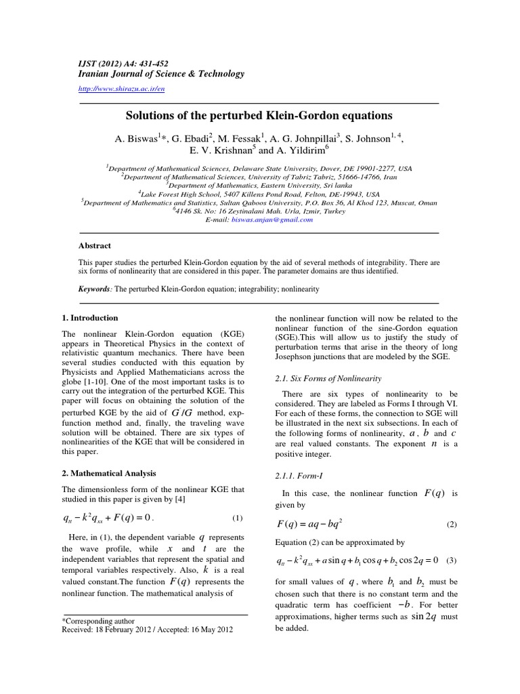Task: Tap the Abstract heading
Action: (95, 246)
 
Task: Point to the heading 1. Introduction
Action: (90, 317)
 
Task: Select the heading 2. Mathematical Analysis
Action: (109, 473)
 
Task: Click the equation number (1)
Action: (237, 518)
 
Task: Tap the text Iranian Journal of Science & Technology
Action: (152, 74)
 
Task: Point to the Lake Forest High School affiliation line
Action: (259, 193)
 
